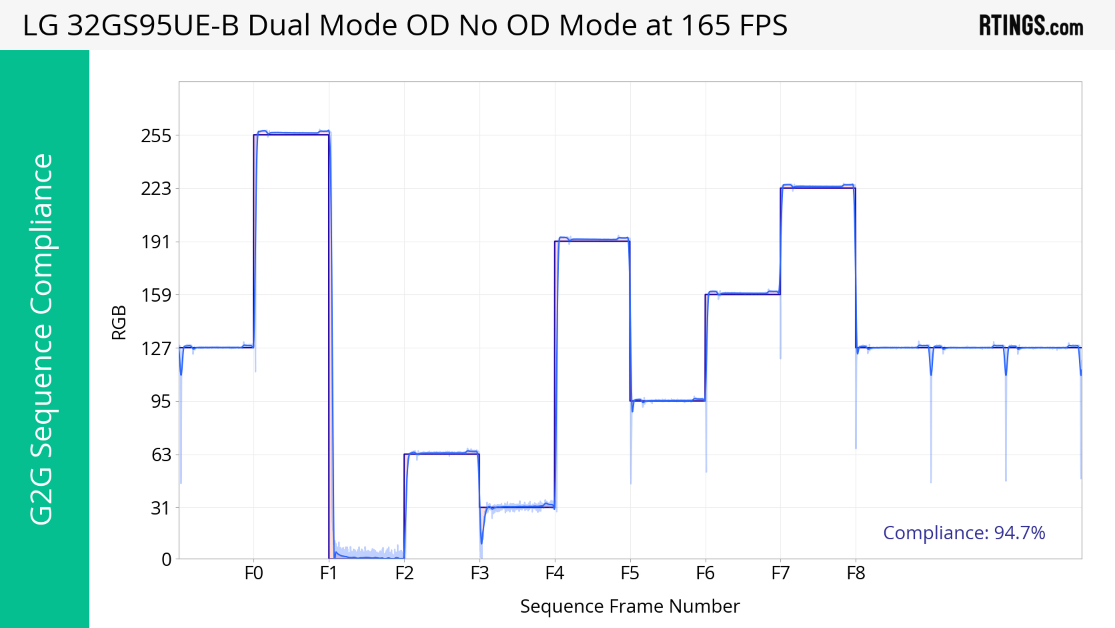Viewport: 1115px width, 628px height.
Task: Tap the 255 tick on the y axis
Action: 156,136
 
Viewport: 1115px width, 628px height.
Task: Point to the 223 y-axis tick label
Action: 156,189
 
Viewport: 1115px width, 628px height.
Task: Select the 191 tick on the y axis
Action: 156,242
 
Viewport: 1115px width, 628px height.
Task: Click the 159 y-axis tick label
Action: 156,295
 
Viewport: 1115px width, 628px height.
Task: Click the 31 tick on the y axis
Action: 161,508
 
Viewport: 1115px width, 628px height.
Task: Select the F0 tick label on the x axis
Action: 254,573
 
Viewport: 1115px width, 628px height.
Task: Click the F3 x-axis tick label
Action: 480,573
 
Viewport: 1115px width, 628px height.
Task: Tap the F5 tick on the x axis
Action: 630,573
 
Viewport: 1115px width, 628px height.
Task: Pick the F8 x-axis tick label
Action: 856,573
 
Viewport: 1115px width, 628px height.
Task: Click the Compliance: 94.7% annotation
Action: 964,533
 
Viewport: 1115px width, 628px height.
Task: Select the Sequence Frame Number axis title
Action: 630,606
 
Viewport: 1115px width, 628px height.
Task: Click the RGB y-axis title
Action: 119,323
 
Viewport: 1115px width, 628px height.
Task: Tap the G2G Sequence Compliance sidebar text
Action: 42,339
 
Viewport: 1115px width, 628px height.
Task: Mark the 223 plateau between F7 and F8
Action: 818,187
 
